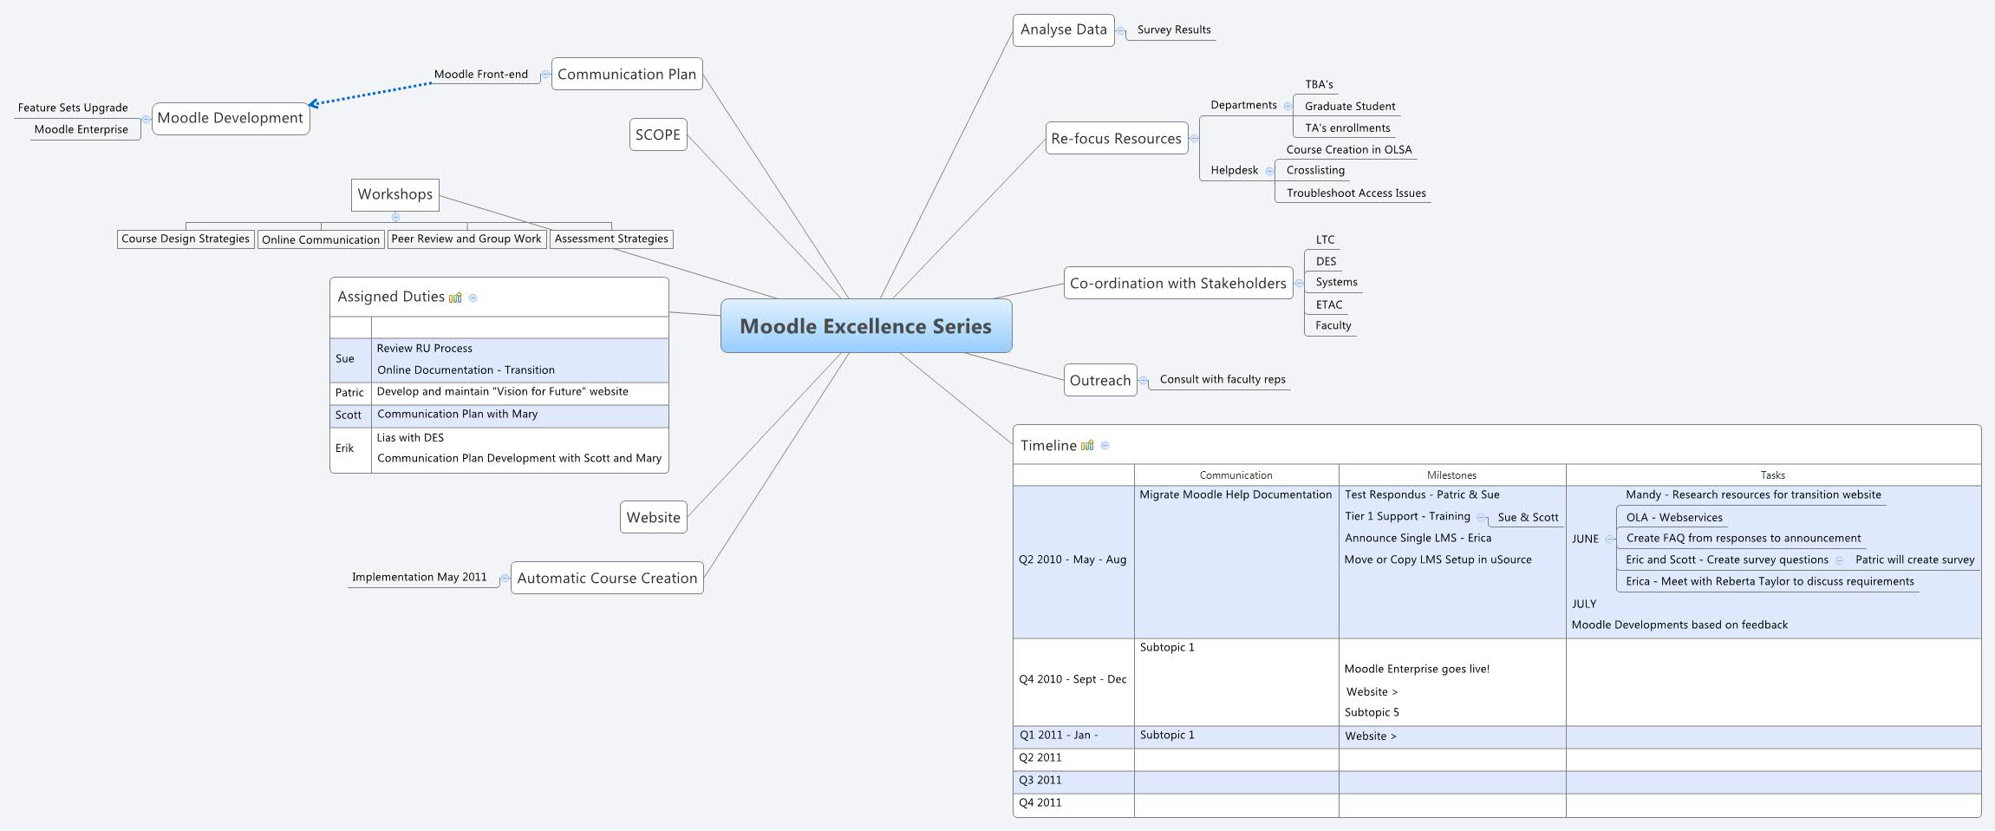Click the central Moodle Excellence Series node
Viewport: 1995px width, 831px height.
(x=865, y=326)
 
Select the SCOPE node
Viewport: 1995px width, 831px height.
(x=657, y=134)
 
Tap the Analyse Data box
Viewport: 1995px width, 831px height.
(x=1063, y=29)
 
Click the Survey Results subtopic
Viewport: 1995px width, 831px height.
(x=1173, y=29)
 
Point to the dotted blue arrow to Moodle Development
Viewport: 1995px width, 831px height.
(x=370, y=94)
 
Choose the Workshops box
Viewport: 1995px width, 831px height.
(x=394, y=194)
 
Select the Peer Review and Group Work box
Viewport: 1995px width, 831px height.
(x=466, y=239)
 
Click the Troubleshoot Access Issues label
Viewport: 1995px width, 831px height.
(x=1355, y=193)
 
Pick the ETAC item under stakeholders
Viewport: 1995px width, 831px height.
(x=1328, y=304)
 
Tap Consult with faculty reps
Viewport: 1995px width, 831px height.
(x=1222, y=379)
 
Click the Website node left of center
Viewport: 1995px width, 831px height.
(x=653, y=517)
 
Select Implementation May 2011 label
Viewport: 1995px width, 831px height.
(x=419, y=577)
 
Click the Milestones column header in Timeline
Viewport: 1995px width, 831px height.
(x=1451, y=475)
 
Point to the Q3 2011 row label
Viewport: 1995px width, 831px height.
(x=1040, y=780)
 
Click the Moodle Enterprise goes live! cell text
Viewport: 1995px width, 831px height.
(x=1417, y=669)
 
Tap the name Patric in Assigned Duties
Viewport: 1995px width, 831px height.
(x=349, y=392)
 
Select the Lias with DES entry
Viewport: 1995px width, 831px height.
(x=410, y=437)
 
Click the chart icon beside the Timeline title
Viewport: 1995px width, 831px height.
(x=1087, y=445)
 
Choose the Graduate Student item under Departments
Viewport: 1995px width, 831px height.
(x=1349, y=106)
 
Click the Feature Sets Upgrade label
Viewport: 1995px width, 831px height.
(x=73, y=108)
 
